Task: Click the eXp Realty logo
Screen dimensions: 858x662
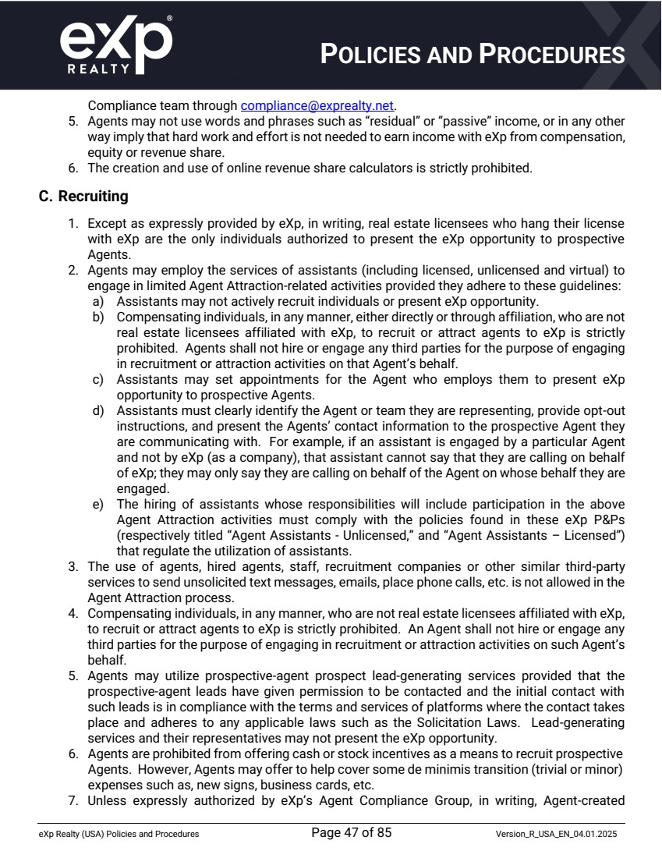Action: (x=116, y=45)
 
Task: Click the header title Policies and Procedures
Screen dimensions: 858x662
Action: (x=473, y=55)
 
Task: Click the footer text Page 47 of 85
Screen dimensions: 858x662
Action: (x=351, y=833)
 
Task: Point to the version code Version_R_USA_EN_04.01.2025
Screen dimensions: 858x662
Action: (x=560, y=834)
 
